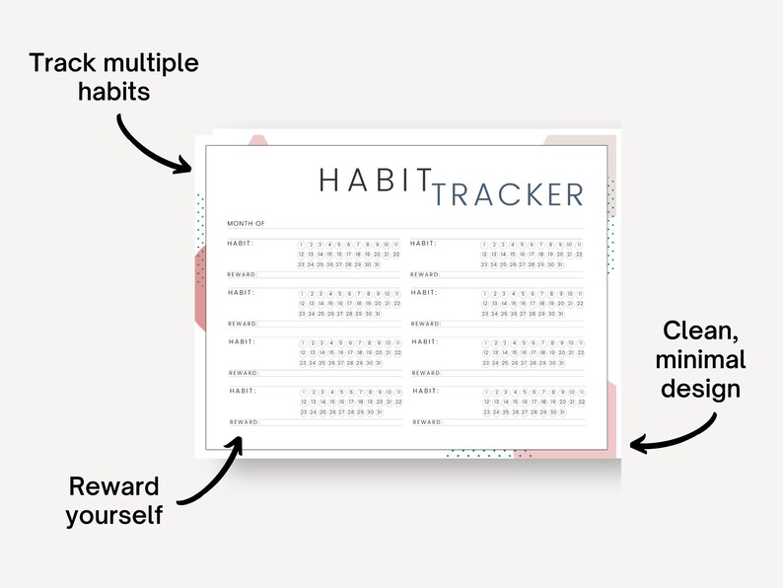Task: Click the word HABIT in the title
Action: (x=376, y=181)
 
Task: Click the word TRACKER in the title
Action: (x=508, y=194)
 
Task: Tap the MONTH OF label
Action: (x=246, y=224)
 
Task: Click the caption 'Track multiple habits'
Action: (x=114, y=78)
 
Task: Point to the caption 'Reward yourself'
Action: (x=114, y=500)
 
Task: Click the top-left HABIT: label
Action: (x=241, y=243)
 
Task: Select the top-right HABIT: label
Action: (x=424, y=243)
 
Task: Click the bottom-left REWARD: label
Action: (x=244, y=422)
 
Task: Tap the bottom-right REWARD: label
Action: (x=426, y=422)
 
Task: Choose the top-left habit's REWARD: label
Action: (x=242, y=274)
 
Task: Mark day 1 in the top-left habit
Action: (x=303, y=244)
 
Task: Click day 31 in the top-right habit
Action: (x=560, y=264)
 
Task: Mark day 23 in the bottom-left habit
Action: (x=302, y=412)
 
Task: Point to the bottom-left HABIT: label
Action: (x=243, y=391)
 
